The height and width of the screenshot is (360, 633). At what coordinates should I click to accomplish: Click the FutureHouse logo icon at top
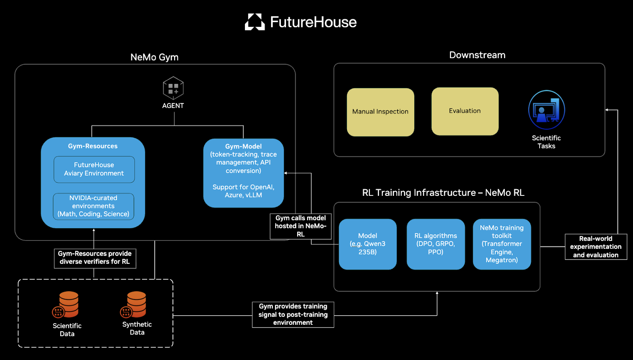click(255, 22)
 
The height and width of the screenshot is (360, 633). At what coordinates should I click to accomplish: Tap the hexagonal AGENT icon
click(173, 88)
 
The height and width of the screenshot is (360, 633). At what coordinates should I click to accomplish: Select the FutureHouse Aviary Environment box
click(94, 169)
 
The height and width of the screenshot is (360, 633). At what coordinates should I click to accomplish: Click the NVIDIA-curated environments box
click(93, 206)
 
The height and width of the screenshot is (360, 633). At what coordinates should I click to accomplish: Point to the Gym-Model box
click(243, 173)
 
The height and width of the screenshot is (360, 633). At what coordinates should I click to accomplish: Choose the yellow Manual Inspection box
click(380, 112)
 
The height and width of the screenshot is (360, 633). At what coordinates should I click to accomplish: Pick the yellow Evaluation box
click(465, 111)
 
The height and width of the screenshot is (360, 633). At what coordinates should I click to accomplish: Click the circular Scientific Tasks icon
click(546, 110)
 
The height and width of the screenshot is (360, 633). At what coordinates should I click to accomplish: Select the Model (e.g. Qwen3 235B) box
click(368, 244)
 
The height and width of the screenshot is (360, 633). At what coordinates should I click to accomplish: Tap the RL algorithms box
click(436, 244)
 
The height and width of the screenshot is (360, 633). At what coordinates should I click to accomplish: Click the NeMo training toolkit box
click(502, 244)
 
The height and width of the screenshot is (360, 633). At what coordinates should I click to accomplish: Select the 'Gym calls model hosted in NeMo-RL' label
click(301, 226)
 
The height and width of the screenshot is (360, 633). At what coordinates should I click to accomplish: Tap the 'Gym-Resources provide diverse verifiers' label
click(95, 258)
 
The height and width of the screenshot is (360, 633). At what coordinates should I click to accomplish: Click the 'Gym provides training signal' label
click(293, 315)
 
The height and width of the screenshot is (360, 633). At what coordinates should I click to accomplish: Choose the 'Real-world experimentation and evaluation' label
click(596, 247)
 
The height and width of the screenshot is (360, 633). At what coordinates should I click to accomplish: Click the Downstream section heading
click(477, 55)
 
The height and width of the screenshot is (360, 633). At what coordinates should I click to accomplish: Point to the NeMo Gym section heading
click(154, 57)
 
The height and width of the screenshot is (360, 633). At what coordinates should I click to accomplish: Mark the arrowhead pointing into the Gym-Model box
click(286, 173)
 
